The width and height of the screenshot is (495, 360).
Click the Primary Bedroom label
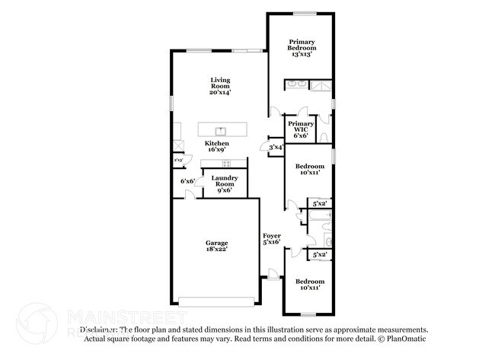click(300, 47)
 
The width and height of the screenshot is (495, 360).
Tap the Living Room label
click(221, 85)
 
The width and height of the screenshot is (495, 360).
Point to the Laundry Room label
click(225, 183)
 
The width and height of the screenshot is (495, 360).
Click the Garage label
click(216, 245)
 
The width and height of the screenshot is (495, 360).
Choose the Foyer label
click(271, 238)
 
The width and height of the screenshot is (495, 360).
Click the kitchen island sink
click(222, 130)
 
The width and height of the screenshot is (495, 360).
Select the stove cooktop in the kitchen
click(225, 164)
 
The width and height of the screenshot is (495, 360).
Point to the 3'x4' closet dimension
click(276, 147)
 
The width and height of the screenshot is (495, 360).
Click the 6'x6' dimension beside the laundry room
click(187, 181)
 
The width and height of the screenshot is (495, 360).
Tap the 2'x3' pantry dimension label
click(178, 161)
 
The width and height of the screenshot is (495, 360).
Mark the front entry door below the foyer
click(272, 280)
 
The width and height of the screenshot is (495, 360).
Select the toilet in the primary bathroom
click(325, 136)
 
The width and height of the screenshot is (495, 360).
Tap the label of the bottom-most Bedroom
click(308, 284)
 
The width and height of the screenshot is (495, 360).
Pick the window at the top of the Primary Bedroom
click(305, 13)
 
